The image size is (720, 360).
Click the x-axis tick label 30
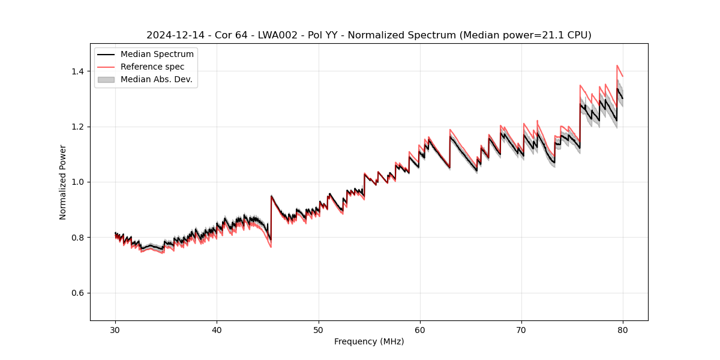115,329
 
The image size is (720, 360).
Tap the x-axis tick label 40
217,329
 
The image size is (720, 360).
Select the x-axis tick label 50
318,329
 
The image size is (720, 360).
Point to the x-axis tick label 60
419,329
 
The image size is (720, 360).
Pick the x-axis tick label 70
521,329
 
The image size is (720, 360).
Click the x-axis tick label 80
622,329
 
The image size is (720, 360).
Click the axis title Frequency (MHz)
369,341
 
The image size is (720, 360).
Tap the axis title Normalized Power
63,182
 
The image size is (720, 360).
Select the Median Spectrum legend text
157,55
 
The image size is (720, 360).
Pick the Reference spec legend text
152,67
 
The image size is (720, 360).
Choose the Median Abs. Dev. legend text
156,79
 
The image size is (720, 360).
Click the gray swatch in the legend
106,79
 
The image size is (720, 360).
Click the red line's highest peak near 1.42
617,65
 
